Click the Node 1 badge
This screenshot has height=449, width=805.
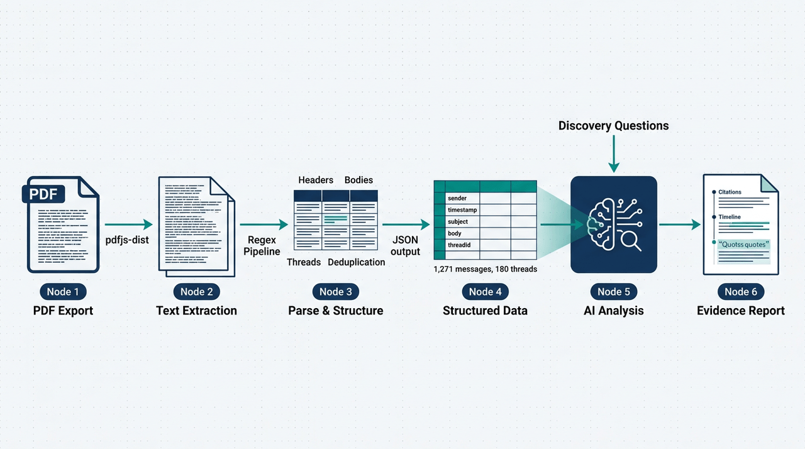(x=63, y=291)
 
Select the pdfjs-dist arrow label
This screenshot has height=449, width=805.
(x=128, y=240)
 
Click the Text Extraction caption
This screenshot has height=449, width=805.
(x=196, y=311)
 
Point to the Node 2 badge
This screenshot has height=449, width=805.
(x=196, y=291)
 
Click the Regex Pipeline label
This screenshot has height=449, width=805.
(x=262, y=246)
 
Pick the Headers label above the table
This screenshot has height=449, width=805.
(x=316, y=180)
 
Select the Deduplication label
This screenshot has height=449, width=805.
(x=356, y=262)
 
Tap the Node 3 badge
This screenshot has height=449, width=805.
(x=336, y=291)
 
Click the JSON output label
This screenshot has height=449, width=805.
(x=406, y=246)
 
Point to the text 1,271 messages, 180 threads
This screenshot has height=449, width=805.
(x=486, y=269)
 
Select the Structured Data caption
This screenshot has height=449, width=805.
(x=485, y=311)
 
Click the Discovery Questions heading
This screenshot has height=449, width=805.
(x=613, y=126)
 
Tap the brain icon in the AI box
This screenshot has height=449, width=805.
(x=603, y=223)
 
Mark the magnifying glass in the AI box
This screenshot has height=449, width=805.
(x=629, y=240)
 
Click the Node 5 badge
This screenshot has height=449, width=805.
(x=613, y=291)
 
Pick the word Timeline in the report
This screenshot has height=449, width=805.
(x=730, y=217)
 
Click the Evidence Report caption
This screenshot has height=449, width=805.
(x=740, y=311)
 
